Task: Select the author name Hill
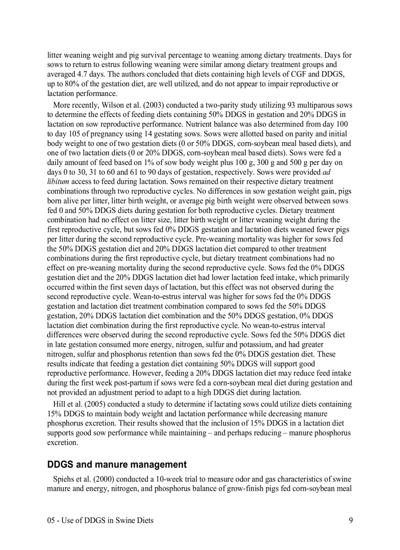(61, 404)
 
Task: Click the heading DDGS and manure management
(117, 464)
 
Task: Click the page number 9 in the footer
(350, 520)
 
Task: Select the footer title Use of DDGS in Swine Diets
(108, 520)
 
